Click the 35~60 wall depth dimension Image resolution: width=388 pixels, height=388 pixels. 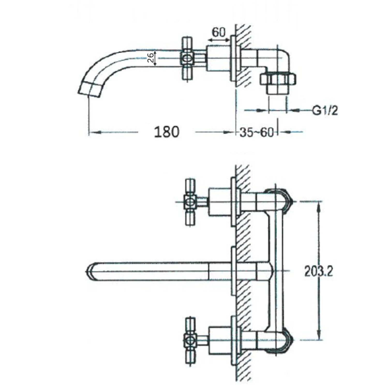(x=256, y=132)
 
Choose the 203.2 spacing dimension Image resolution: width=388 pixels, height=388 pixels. (x=318, y=271)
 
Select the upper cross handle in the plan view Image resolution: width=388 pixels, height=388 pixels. (x=190, y=202)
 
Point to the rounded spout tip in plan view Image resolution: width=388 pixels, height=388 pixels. (x=89, y=272)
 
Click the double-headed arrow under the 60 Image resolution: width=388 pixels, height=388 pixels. (x=219, y=40)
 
